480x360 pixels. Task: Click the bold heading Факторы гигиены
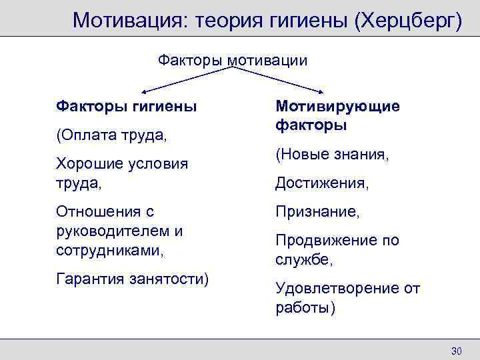126,106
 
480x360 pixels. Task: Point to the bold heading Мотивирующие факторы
337,115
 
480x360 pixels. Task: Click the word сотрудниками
110,250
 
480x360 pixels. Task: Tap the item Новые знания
331,155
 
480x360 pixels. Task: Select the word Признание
317,212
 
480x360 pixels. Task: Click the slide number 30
457,351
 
